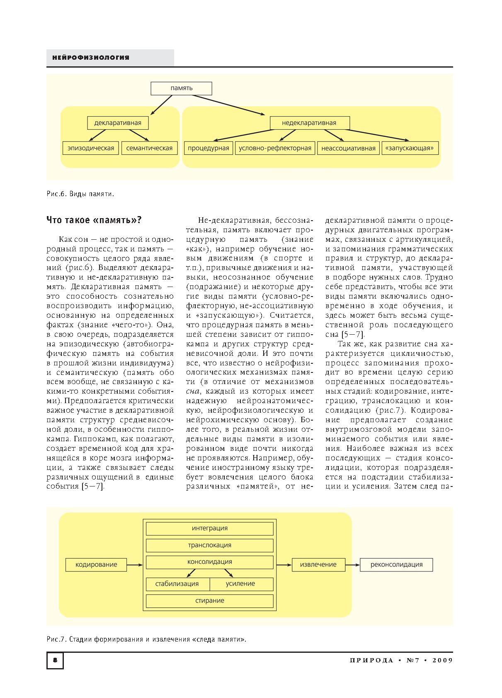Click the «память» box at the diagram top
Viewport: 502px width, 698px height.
pyautogui.click(x=181, y=88)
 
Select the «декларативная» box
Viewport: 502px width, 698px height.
pyautogui.click(x=118, y=123)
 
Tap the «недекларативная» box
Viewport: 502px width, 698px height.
pyautogui.click(x=309, y=123)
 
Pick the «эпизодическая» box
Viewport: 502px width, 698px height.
pyautogui.click(x=91, y=148)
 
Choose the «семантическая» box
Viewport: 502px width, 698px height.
pyautogui.click(x=149, y=148)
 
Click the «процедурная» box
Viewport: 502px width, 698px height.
pyautogui.click(x=208, y=148)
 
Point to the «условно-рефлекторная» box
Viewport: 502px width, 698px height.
pyautogui.click(x=275, y=148)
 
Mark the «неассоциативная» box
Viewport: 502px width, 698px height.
pyautogui.click(x=348, y=148)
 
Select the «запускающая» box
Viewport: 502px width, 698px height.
pyautogui.click(x=410, y=148)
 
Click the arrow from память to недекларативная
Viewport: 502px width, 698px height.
pyautogui.click(x=228, y=105)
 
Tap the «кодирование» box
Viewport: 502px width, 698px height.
pyautogui.click(x=96, y=564)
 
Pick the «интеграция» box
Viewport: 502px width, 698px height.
pyautogui.click(x=210, y=528)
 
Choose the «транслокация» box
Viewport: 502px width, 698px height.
pyautogui.click(x=210, y=545)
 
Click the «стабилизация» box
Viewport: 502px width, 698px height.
pyautogui.click(x=177, y=584)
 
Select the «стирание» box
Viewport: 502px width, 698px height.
pyautogui.click(x=210, y=601)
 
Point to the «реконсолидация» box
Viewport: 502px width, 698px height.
pyautogui.click(x=396, y=564)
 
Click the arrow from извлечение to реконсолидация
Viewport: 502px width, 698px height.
pyautogui.click(x=352, y=565)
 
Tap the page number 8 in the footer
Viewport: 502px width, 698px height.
pyautogui.click(x=55, y=660)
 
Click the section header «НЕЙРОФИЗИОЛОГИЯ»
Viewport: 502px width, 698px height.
pyautogui.click(x=91, y=58)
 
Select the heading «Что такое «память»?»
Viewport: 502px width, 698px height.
pyautogui.click(x=94, y=220)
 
